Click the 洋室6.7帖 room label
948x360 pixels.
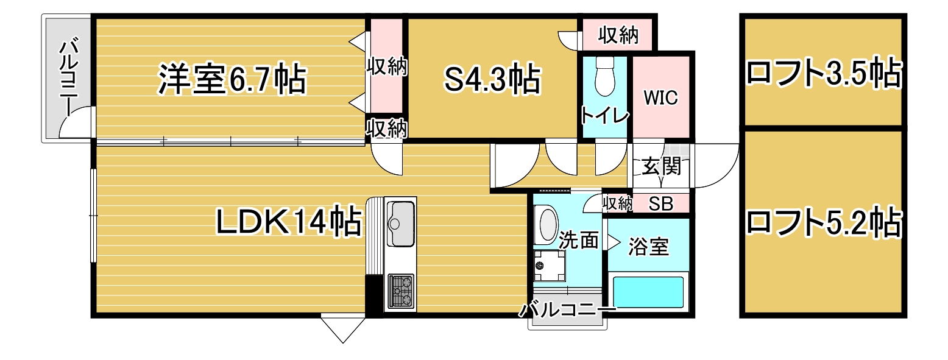232,79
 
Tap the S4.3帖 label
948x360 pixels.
493,79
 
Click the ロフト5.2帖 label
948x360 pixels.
823,221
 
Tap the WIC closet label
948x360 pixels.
660,97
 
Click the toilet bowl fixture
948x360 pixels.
605,76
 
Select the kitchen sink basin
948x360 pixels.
400,224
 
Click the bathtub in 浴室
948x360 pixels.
648,292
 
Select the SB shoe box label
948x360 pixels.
661,204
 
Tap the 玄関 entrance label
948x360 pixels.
661,166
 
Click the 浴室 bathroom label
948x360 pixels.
648,247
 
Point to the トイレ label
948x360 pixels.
605,115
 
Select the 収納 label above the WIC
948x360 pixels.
618,35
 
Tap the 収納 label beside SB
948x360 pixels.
617,204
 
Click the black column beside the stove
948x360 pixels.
373,294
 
